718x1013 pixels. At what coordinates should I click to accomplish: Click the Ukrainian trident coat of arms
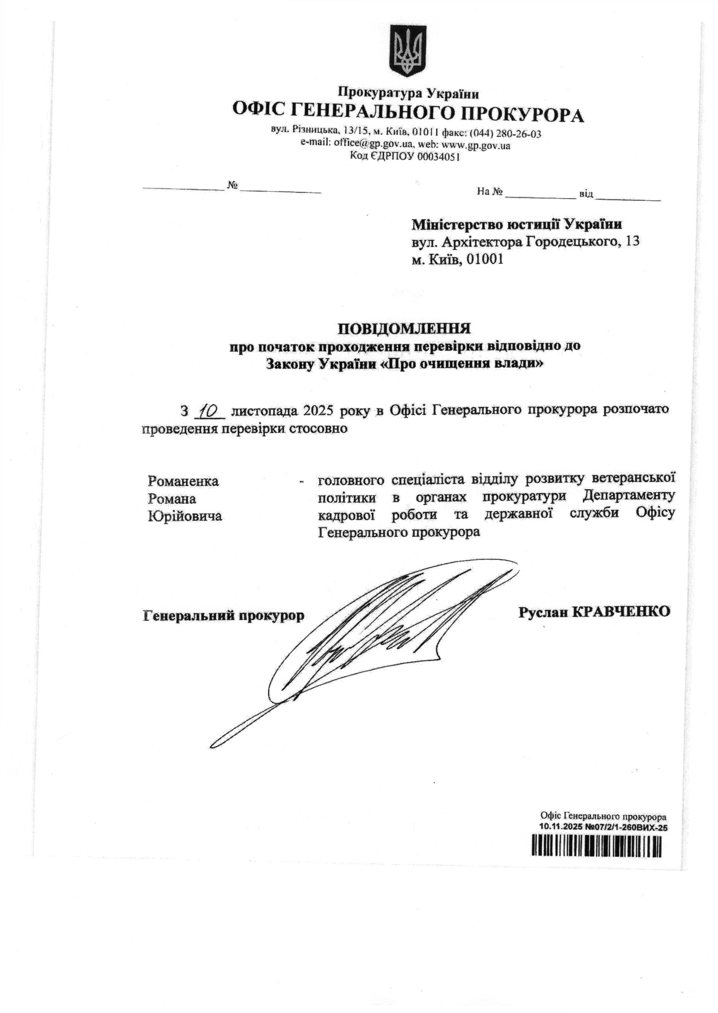pos(407,51)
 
